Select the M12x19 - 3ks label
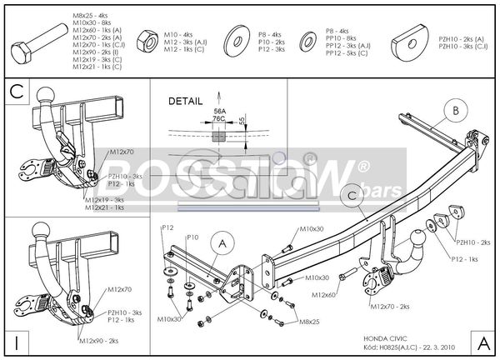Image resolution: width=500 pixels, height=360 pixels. [x=102, y=200]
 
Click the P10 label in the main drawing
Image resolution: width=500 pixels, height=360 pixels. [x=192, y=237]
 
